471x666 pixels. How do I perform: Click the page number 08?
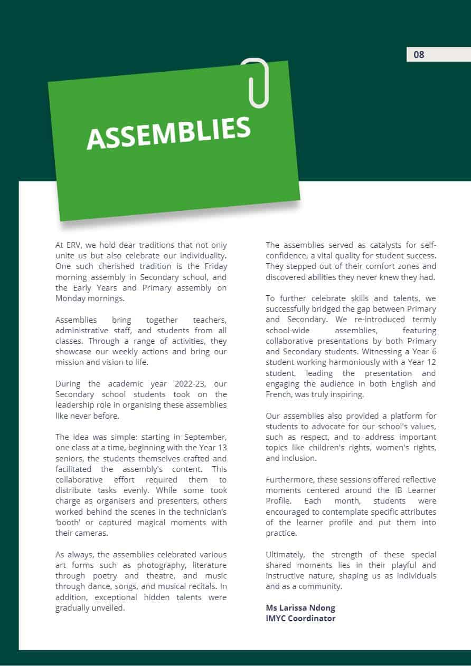419,55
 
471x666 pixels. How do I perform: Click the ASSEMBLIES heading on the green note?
168,132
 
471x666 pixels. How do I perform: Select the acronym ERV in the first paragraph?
74,245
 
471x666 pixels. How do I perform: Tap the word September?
206,437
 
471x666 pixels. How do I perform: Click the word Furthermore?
290,480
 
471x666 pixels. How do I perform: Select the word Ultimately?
285,555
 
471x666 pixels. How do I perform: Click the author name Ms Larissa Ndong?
300,608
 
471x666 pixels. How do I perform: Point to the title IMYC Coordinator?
300,619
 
